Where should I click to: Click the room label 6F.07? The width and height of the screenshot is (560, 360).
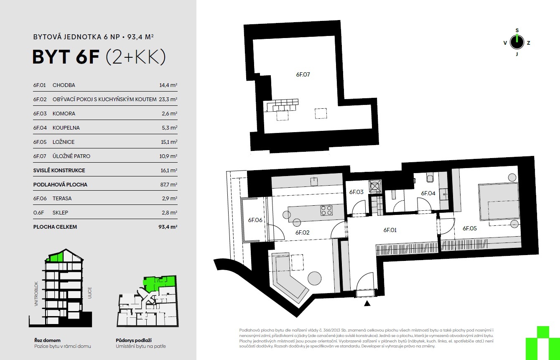(303, 74)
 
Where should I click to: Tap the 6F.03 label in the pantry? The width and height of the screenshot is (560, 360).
(356, 192)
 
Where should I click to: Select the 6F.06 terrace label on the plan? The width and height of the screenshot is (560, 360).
(255, 220)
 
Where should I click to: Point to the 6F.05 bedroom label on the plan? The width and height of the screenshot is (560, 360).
(469, 228)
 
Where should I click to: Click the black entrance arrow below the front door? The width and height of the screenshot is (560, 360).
(367, 304)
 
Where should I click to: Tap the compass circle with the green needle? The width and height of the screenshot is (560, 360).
(517, 42)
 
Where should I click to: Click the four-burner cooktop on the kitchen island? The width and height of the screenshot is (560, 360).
(326, 210)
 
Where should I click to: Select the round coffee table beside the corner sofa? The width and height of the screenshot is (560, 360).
(314, 278)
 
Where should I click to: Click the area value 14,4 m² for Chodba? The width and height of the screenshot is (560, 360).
(168, 85)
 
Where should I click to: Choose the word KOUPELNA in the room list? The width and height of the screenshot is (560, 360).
(66, 128)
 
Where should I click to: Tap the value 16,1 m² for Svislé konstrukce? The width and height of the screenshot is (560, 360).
(169, 170)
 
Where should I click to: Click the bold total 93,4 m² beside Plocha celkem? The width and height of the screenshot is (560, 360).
(168, 227)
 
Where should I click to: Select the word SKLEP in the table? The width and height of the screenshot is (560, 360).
(60, 213)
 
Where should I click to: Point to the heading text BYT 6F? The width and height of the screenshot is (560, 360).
(66, 57)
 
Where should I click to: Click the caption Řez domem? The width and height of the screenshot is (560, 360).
(47, 340)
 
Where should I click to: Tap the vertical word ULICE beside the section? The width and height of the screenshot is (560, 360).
(90, 293)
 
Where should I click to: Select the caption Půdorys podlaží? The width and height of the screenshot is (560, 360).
(134, 340)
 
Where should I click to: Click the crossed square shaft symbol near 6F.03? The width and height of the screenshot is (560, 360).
(375, 186)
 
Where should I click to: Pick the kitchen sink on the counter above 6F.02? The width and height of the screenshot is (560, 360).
(314, 181)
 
